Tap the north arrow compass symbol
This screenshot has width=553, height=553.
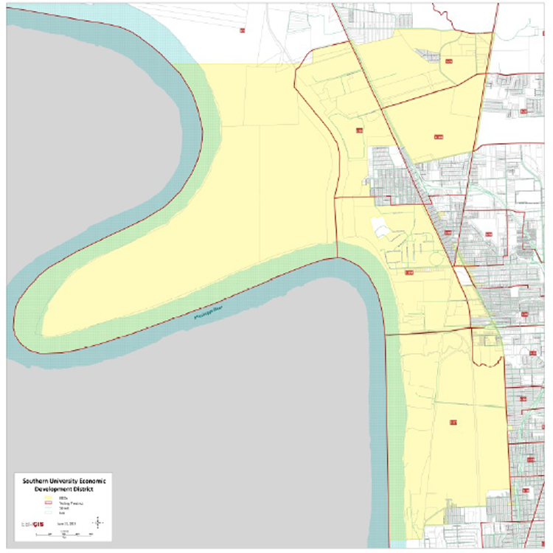[97, 523]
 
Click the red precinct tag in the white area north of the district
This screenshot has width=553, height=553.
[243, 30]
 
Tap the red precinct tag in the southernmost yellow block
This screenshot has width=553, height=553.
[452, 422]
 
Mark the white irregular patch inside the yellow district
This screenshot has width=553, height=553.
[383, 229]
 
